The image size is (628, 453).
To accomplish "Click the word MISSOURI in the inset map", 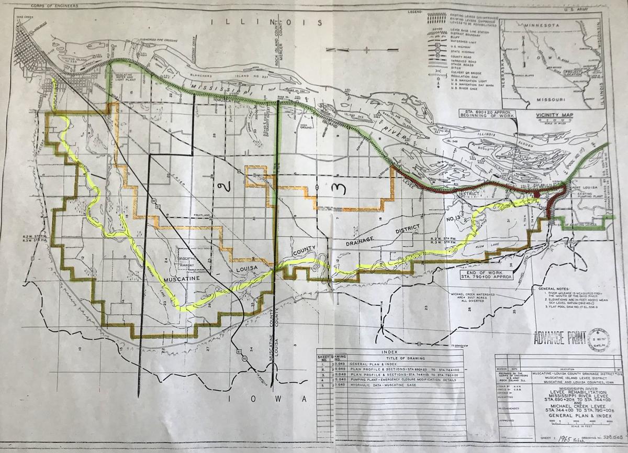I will (547, 99).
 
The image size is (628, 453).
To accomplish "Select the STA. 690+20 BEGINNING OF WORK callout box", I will (485, 114).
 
